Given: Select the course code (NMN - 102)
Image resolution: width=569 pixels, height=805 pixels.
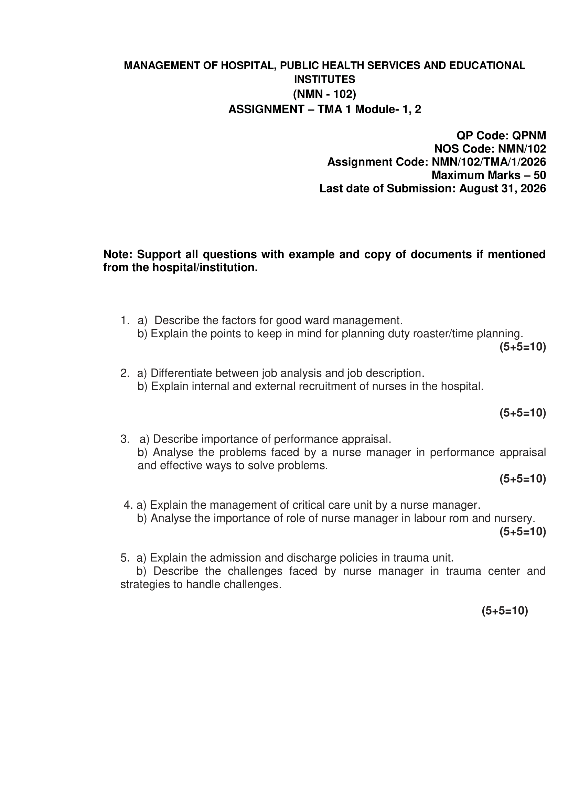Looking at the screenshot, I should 324,94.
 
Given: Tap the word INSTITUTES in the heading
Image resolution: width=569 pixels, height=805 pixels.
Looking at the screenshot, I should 324,80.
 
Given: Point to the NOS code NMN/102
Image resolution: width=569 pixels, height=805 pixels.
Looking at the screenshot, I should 522,149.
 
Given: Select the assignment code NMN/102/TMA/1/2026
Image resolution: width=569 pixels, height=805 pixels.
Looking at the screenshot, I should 489,162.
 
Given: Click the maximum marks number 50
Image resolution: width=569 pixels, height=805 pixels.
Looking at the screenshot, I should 539,175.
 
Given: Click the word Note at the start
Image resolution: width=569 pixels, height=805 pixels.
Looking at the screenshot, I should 117,254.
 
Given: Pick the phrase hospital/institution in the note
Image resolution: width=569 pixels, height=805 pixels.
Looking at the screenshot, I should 205,268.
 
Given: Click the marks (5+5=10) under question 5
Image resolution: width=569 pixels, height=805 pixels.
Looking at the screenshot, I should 505,611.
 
